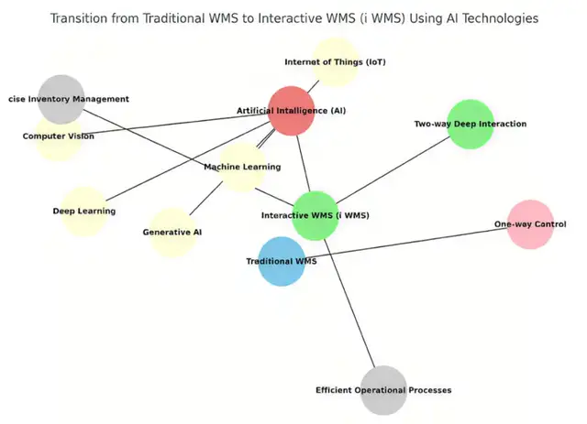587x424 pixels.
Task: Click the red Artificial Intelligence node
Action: click(x=292, y=111)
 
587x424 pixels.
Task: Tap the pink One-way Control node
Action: click(x=530, y=224)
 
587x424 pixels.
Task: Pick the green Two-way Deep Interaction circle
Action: click(x=471, y=125)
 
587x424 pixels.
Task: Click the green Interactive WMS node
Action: click(x=316, y=215)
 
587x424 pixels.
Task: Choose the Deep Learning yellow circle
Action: click(x=84, y=211)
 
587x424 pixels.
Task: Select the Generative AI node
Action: click(x=172, y=233)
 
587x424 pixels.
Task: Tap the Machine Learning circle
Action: click(x=242, y=167)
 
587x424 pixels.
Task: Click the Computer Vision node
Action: click(x=59, y=136)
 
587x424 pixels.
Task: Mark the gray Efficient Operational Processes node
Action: click(x=383, y=390)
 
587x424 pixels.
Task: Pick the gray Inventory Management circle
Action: click(x=61, y=99)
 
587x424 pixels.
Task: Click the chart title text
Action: click(x=293, y=18)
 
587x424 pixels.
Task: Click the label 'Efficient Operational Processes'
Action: click(x=383, y=390)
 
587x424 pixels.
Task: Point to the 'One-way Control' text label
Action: click(x=530, y=224)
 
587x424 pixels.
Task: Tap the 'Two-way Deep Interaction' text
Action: click(x=471, y=125)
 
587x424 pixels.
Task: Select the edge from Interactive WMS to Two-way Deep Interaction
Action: click(x=394, y=169)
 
